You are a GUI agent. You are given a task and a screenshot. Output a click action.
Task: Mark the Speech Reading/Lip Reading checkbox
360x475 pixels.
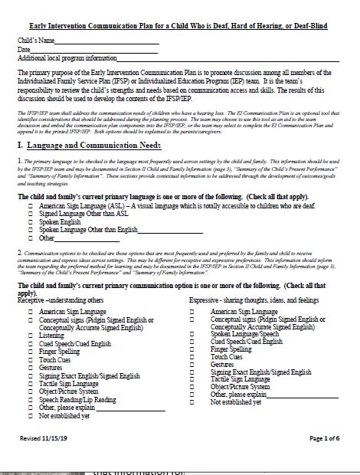[30, 399]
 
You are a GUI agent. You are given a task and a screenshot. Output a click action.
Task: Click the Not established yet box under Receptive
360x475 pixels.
[30, 416]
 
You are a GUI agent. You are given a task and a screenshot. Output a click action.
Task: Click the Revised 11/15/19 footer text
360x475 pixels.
[44, 438]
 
